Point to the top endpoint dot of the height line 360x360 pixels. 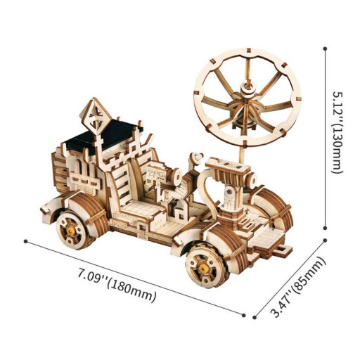coord(326,48)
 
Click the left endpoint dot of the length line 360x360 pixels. coord(26,241)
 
